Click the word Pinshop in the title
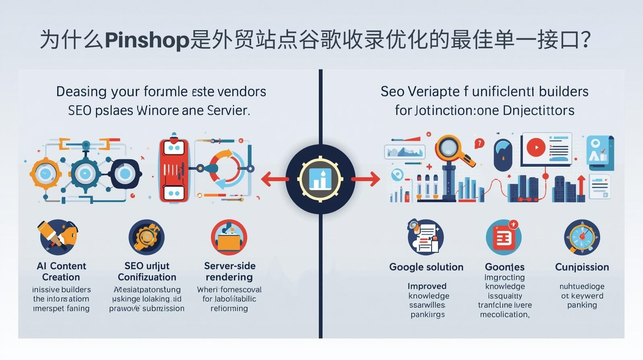pos(147,40)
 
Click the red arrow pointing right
pos(367,179)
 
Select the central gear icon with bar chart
pos(320,179)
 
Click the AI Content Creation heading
pos(61,272)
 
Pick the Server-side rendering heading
pos(229,272)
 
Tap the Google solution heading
pos(426,267)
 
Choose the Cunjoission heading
pos(582,267)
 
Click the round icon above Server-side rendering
pos(229,237)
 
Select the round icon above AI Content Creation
pos(59,237)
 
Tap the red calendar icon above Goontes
pos(504,237)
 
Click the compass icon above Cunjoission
pos(582,237)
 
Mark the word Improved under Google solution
pos(427,286)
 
